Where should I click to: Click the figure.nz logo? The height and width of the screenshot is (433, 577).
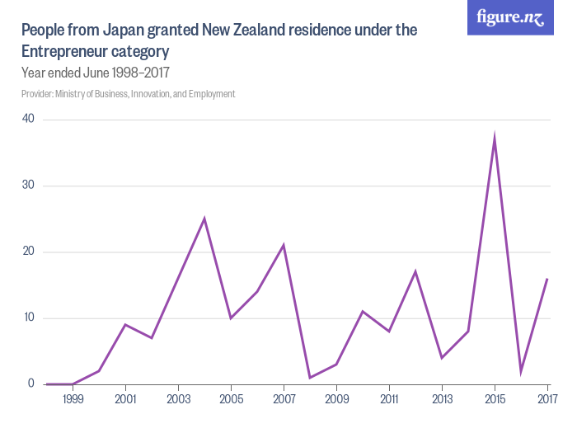[x=510, y=17]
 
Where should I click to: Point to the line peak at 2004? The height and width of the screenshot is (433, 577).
[x=204, y=219]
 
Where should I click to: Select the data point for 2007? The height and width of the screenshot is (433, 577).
[x=284, y=245]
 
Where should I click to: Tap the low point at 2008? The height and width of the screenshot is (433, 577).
[x=310, y=378]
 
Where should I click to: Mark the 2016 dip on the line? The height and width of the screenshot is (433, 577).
[x=521, y=372]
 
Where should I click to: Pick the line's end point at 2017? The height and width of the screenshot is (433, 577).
[x=547, y=279]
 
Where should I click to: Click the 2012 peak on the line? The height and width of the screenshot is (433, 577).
[x=415, y=271]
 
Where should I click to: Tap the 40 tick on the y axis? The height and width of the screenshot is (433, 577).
[x=28, y=119]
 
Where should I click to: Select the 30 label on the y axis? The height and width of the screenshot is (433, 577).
[x=28, y=186]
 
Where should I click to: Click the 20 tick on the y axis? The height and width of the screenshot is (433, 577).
[x=28, y=252]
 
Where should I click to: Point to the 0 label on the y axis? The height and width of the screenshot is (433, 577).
[x=30, y=384]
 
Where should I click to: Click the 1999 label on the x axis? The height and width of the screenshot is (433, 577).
[x=73, y=399]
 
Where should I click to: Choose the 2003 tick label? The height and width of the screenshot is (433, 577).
[x=178, y=399]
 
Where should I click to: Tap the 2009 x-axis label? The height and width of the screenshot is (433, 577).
[x=336, y=399]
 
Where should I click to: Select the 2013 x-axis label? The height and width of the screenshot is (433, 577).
[x=442, y=399]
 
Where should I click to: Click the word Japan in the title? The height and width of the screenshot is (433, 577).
[x=124, y=31]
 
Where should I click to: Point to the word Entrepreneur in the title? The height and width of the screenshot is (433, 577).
[x=67, y=51]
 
